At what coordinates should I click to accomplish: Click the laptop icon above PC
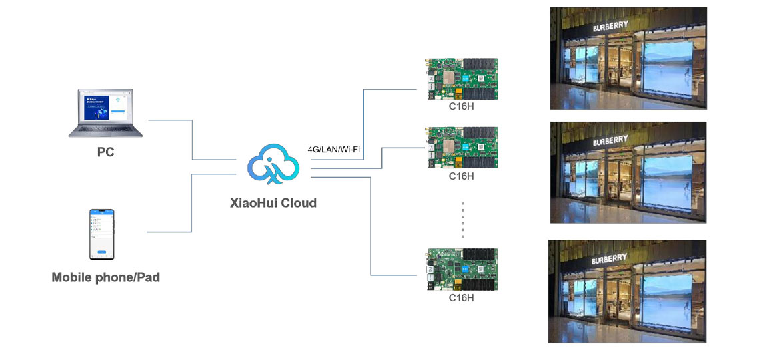(x=105, y=114)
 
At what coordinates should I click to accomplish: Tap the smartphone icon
(x=102, y=234)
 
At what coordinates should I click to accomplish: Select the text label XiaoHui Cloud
(x=273, y=203)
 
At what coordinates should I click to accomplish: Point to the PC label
(x=105, y=152)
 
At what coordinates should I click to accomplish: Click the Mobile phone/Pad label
(x=105, y=277)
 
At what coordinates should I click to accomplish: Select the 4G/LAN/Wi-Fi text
(x=333, y=148)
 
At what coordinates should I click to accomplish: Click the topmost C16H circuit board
(x=461, y=77)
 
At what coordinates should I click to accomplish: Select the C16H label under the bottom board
(x=461, y=298)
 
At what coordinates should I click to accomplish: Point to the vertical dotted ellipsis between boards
(x=462, y=220)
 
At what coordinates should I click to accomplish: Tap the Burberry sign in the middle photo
(x=610, y=141)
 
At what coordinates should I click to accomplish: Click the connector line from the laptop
(x=192, y=140)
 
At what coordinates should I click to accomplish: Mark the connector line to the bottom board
(x=370, y=227)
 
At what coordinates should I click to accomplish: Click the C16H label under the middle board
(x=461, y=176)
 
